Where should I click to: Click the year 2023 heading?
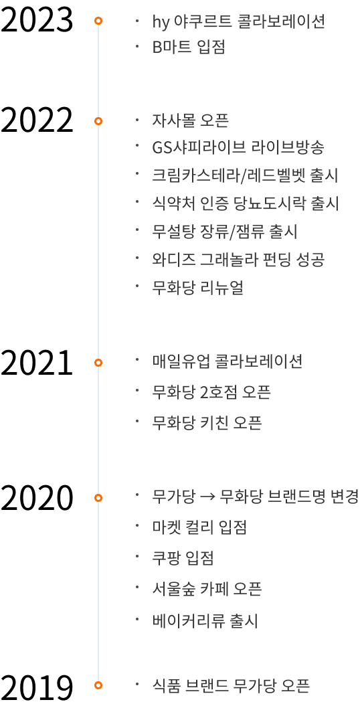point(37,21)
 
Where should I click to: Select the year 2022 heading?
point(37,121)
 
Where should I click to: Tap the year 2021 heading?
point(37,363)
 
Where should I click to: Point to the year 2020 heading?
point(37,498)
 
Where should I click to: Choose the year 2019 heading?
point(37,686)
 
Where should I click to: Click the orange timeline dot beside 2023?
point(98,21)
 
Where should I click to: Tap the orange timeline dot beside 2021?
point(98,363)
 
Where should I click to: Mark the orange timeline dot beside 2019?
point(98,685)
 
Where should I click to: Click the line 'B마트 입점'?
point(189,48)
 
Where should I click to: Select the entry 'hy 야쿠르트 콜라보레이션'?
point(238,21)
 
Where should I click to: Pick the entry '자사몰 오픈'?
point(191,121)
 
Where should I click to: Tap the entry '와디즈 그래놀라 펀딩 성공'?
point(238,259)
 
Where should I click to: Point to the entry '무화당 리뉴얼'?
point(198,288)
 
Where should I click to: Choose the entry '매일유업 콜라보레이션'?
point(228,361)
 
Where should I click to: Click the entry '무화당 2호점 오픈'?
point(212,393)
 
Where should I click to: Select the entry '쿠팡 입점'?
point(183,558)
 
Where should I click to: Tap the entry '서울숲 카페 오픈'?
point(207,589)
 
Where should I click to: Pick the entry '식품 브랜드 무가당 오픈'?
point(231,685)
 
